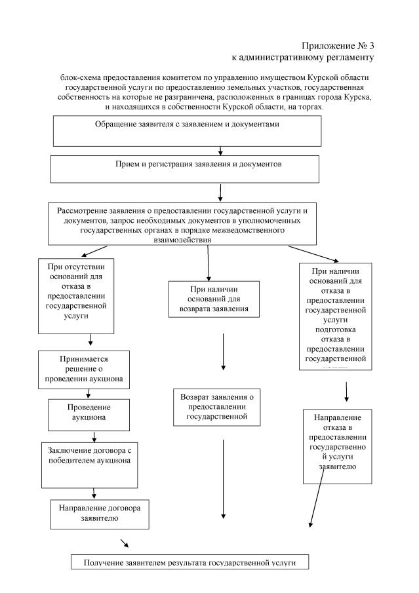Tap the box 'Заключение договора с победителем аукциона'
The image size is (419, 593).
(x=89, y=463)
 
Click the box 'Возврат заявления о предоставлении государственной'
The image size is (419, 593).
(x=216, y=407)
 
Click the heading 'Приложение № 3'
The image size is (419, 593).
(x=338, y=46)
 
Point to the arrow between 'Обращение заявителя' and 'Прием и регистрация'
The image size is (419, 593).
(x=221, y=150)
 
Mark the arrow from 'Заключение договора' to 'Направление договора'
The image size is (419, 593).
(x=95, y=492)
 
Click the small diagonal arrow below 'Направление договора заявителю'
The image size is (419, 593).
(x=124, y=543)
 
